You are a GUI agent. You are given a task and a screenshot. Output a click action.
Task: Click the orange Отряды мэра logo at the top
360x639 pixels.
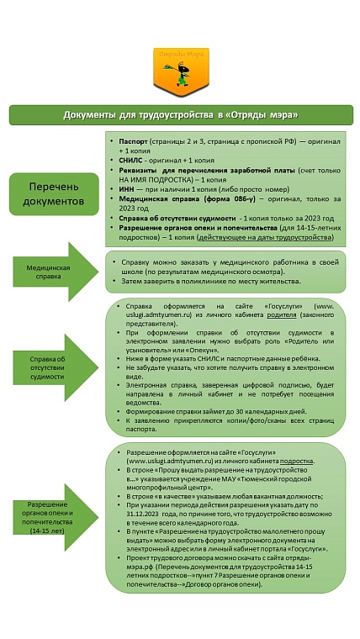(179, 67)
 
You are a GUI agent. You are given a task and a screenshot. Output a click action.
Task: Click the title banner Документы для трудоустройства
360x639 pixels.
(180, 114)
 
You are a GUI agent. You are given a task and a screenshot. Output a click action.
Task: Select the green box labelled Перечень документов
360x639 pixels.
(54, 194)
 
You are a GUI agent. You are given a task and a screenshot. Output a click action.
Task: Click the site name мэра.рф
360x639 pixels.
(139, 566)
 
